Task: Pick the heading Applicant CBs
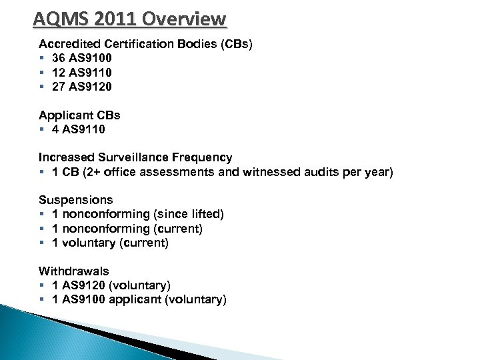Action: [x=79, y=115]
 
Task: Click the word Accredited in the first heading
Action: [x=67, y=43]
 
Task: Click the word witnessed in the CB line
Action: [x=283, y=172]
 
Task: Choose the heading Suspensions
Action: [x=75, y=200]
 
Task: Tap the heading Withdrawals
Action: [x=74, y=271]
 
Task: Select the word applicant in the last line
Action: [x=140, y=299]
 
